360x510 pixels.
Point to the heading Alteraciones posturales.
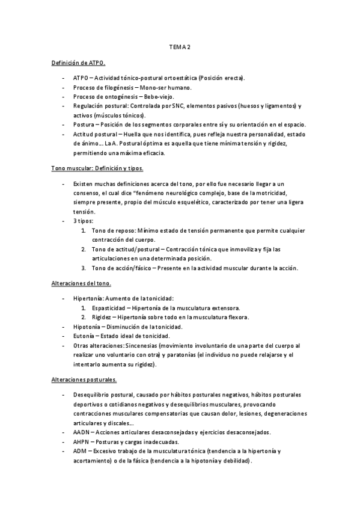pyautogui.click(x=84, y=380)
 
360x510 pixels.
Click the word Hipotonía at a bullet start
pyautogui.click(x=87, y=327)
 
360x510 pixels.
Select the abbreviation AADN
pyautogui.click(x=82, y=432)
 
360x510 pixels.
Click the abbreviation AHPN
pyautogui.click(x=82, y=441)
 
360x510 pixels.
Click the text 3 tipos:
pyautogui.click(x=84, y=221)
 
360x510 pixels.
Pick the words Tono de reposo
pyautogui.click(x=112, y=230)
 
